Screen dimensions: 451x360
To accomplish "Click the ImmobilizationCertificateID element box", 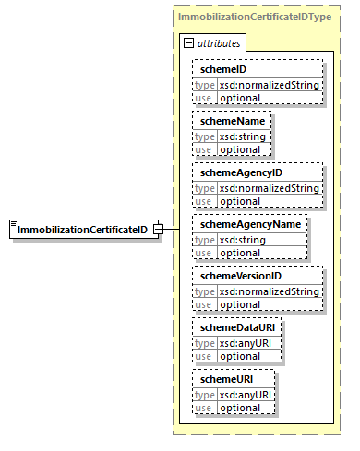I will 79,230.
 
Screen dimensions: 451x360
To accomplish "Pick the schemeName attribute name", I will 225,121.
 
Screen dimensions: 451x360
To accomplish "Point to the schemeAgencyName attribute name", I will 246,224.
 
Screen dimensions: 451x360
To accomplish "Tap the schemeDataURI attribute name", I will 232,327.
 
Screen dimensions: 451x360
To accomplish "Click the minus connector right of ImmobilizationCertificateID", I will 159,230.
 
